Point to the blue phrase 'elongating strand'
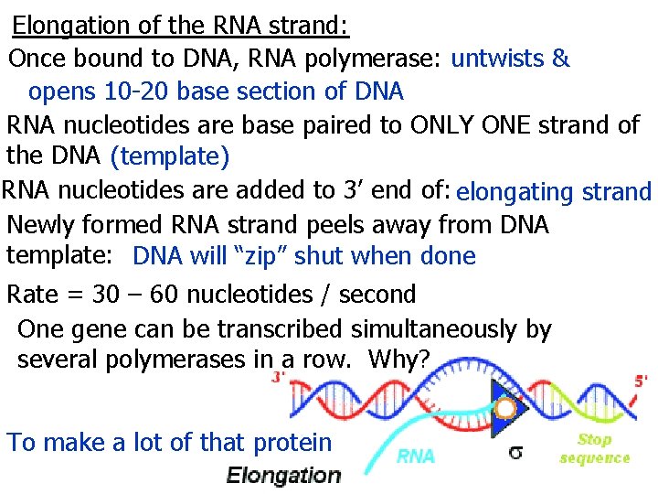coord(554,191)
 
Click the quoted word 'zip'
coord(276,257)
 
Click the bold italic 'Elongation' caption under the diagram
coord(283,475)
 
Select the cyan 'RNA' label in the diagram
coord(416,456)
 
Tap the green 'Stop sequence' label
coord(594,448)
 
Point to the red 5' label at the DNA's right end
coord(642,377)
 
